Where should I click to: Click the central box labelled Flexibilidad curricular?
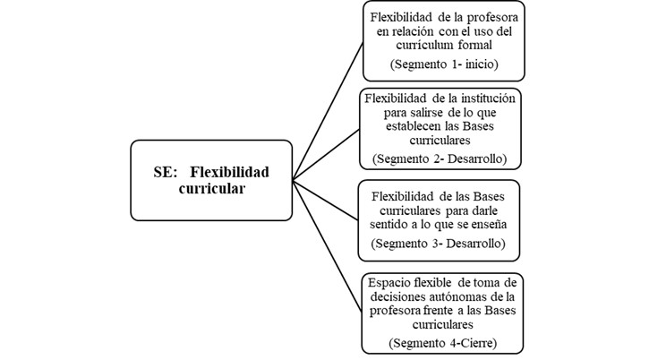click(211, 179)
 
